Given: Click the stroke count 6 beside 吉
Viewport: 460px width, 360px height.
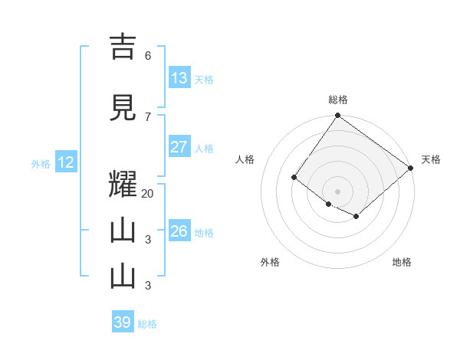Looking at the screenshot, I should pos(148,55).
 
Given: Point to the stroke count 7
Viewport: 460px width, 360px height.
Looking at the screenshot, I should pos(148,116).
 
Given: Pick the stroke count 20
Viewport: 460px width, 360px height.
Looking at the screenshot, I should pos(148,193).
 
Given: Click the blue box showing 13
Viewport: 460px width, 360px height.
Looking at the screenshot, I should pos(179,78).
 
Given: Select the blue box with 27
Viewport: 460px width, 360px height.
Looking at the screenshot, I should pos(179,147).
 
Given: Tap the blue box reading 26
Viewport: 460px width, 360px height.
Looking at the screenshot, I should pos(179,231).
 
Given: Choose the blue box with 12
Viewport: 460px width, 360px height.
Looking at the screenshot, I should pos(65,162).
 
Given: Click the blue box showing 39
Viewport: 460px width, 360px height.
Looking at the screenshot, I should pos(123,322).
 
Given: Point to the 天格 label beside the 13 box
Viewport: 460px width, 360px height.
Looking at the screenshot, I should pos(203,79).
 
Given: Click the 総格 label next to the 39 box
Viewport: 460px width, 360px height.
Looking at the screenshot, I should pos(147,323).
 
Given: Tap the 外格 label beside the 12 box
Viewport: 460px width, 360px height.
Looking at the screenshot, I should pos(41,163).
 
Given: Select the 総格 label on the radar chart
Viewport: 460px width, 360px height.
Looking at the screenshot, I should pos(337,100).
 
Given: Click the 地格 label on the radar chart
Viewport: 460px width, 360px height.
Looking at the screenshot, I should pos(402,262).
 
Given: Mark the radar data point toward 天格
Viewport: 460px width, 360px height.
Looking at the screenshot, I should pos(411,169).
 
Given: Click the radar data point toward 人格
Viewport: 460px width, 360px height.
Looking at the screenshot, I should pos(294,178).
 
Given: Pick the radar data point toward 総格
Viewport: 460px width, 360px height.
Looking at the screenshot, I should pos(337,116).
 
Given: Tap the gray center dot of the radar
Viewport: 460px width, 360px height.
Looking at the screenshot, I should pos(337,191).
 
